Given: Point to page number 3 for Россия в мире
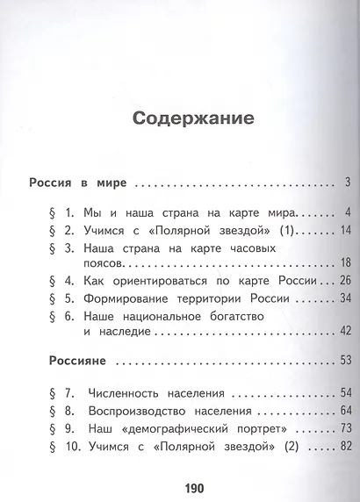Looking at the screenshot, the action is pyautogui.click(x=348, y=183).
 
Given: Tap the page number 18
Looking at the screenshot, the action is pyautogui.click(x=345, y=263).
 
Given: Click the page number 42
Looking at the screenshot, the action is pyautogui.click(x=345, y=330).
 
